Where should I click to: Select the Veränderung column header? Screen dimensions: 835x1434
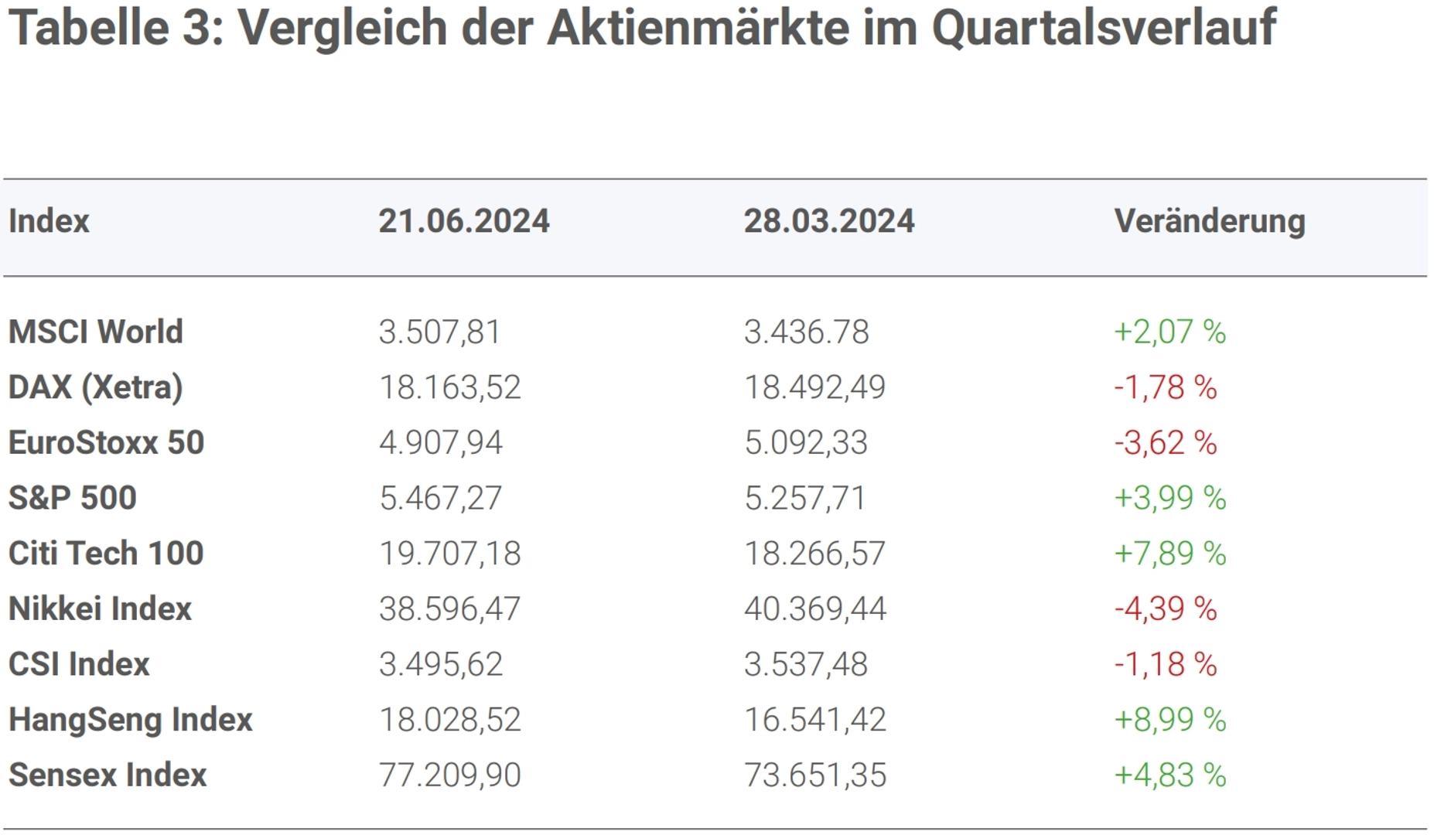1209,222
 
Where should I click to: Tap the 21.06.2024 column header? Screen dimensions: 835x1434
463,222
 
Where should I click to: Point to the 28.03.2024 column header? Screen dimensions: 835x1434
828,222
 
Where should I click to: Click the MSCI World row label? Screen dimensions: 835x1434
95,332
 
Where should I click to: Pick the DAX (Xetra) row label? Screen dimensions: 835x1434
95,387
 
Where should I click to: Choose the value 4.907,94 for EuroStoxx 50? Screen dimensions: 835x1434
440,443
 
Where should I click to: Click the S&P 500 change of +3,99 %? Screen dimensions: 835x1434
1169,498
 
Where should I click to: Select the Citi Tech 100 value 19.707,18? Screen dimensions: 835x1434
449,554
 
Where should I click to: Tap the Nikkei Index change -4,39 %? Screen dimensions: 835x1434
1165,609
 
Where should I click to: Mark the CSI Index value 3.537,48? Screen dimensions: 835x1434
805,664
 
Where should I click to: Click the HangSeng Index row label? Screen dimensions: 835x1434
130,720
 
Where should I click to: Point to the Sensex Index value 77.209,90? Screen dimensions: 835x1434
449,775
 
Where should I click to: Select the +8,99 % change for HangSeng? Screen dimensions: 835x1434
1169,720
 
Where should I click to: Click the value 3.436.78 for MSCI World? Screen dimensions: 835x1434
806,332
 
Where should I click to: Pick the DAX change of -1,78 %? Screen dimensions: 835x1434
1165,387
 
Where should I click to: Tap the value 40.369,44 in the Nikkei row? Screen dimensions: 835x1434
814,609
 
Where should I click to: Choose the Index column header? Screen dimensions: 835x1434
49,222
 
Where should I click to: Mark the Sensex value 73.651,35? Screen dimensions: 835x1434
814,775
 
